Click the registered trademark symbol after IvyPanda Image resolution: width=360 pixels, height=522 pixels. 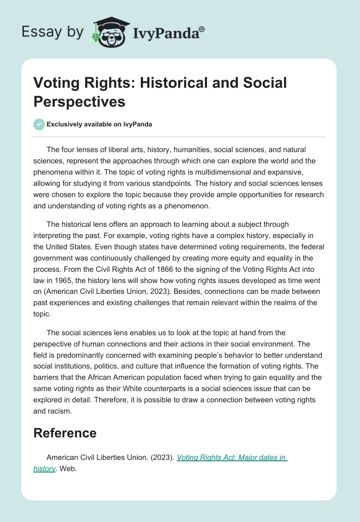202,29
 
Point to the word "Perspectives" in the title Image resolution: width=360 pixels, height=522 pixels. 79,101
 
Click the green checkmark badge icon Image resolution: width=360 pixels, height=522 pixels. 39,124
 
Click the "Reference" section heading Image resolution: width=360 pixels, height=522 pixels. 65,433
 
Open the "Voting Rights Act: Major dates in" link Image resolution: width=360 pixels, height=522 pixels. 232,457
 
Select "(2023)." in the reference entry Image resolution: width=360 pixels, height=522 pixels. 162,457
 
